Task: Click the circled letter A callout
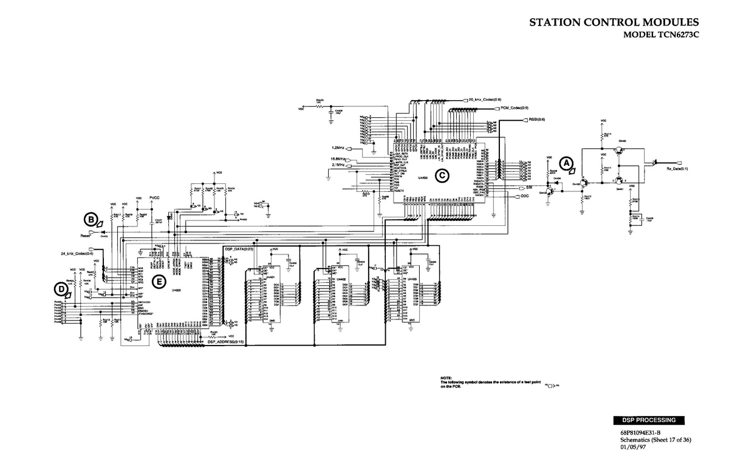pyautogui.click(x=566, y=163)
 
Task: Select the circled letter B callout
pyautogui.click(x=91, y=219)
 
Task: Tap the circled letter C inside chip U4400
pyautogui.click(x=443, y=175)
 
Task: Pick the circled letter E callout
pyautogui.click(x=159, y=281)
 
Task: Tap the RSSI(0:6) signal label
pyautogui.click(x=537, y=120)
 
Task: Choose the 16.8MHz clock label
pyautogui.click(x=337, y=158)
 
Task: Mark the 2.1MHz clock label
pyautogui.click(x=338, y=165)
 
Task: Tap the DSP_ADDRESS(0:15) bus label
pyautogui.click(x=225, y=342)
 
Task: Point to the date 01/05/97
pyautogui.click(x=632, y=447)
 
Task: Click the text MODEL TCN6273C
pyautogui.click(x=662, y=35)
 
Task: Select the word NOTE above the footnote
pyautogui.click(x=447, y=378)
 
